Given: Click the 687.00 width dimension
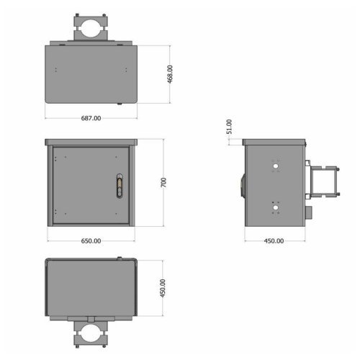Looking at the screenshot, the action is click(x=91, y=118).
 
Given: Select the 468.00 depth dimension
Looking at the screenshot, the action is click(x=170, y=74).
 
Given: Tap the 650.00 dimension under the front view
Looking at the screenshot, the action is click(x=91, y=240).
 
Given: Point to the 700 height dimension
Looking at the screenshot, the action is click(x=163, y=182).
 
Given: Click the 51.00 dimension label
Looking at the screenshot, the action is click(x=229, y=127).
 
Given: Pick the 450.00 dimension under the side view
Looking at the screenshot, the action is click(x=274, y=240).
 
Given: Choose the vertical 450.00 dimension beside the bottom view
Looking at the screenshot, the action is click(x=163, y=288).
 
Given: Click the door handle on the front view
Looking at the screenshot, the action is click(x=120, y=186).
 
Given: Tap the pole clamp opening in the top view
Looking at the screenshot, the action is click(x=91, y=29).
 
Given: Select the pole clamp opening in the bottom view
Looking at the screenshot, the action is click(x=91, y=333).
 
